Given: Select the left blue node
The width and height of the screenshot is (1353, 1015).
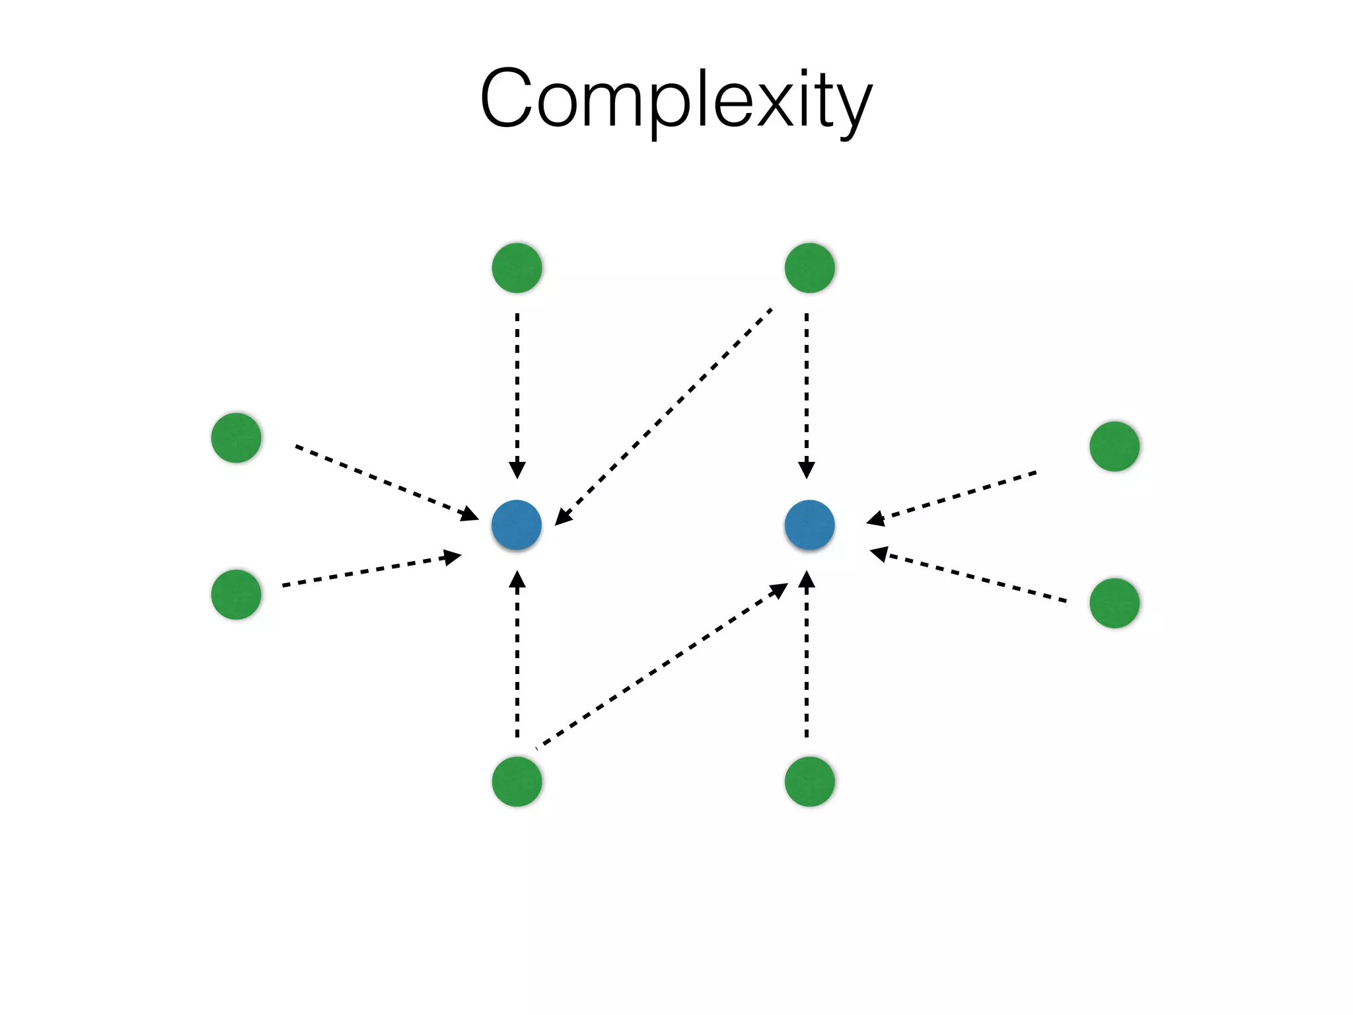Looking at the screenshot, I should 517,525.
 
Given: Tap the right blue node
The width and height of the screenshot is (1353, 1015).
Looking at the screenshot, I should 809,525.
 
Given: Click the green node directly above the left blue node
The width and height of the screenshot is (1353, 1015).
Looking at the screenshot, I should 517,268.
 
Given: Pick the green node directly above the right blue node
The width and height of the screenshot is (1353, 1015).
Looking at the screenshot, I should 809,268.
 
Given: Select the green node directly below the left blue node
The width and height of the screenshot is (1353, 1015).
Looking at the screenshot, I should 517,781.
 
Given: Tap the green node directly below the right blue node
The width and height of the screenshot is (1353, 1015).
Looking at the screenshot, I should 809,781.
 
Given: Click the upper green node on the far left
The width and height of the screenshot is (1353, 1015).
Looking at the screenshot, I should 236,437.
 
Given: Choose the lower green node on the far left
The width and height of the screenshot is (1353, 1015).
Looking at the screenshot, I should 236,594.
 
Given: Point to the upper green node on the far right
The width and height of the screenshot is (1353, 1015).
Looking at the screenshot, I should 1114,446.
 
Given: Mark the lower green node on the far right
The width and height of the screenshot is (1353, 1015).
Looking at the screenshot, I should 1114,603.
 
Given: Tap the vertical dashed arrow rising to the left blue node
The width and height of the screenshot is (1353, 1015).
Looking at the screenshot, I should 517,654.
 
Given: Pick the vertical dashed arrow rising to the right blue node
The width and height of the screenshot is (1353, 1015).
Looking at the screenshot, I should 806,654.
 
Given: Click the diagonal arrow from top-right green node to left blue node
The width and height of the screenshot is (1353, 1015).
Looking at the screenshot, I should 664,416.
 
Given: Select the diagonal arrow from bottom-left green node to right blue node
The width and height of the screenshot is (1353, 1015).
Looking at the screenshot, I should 661,667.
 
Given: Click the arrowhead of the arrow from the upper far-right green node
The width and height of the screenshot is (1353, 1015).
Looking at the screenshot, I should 876,519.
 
